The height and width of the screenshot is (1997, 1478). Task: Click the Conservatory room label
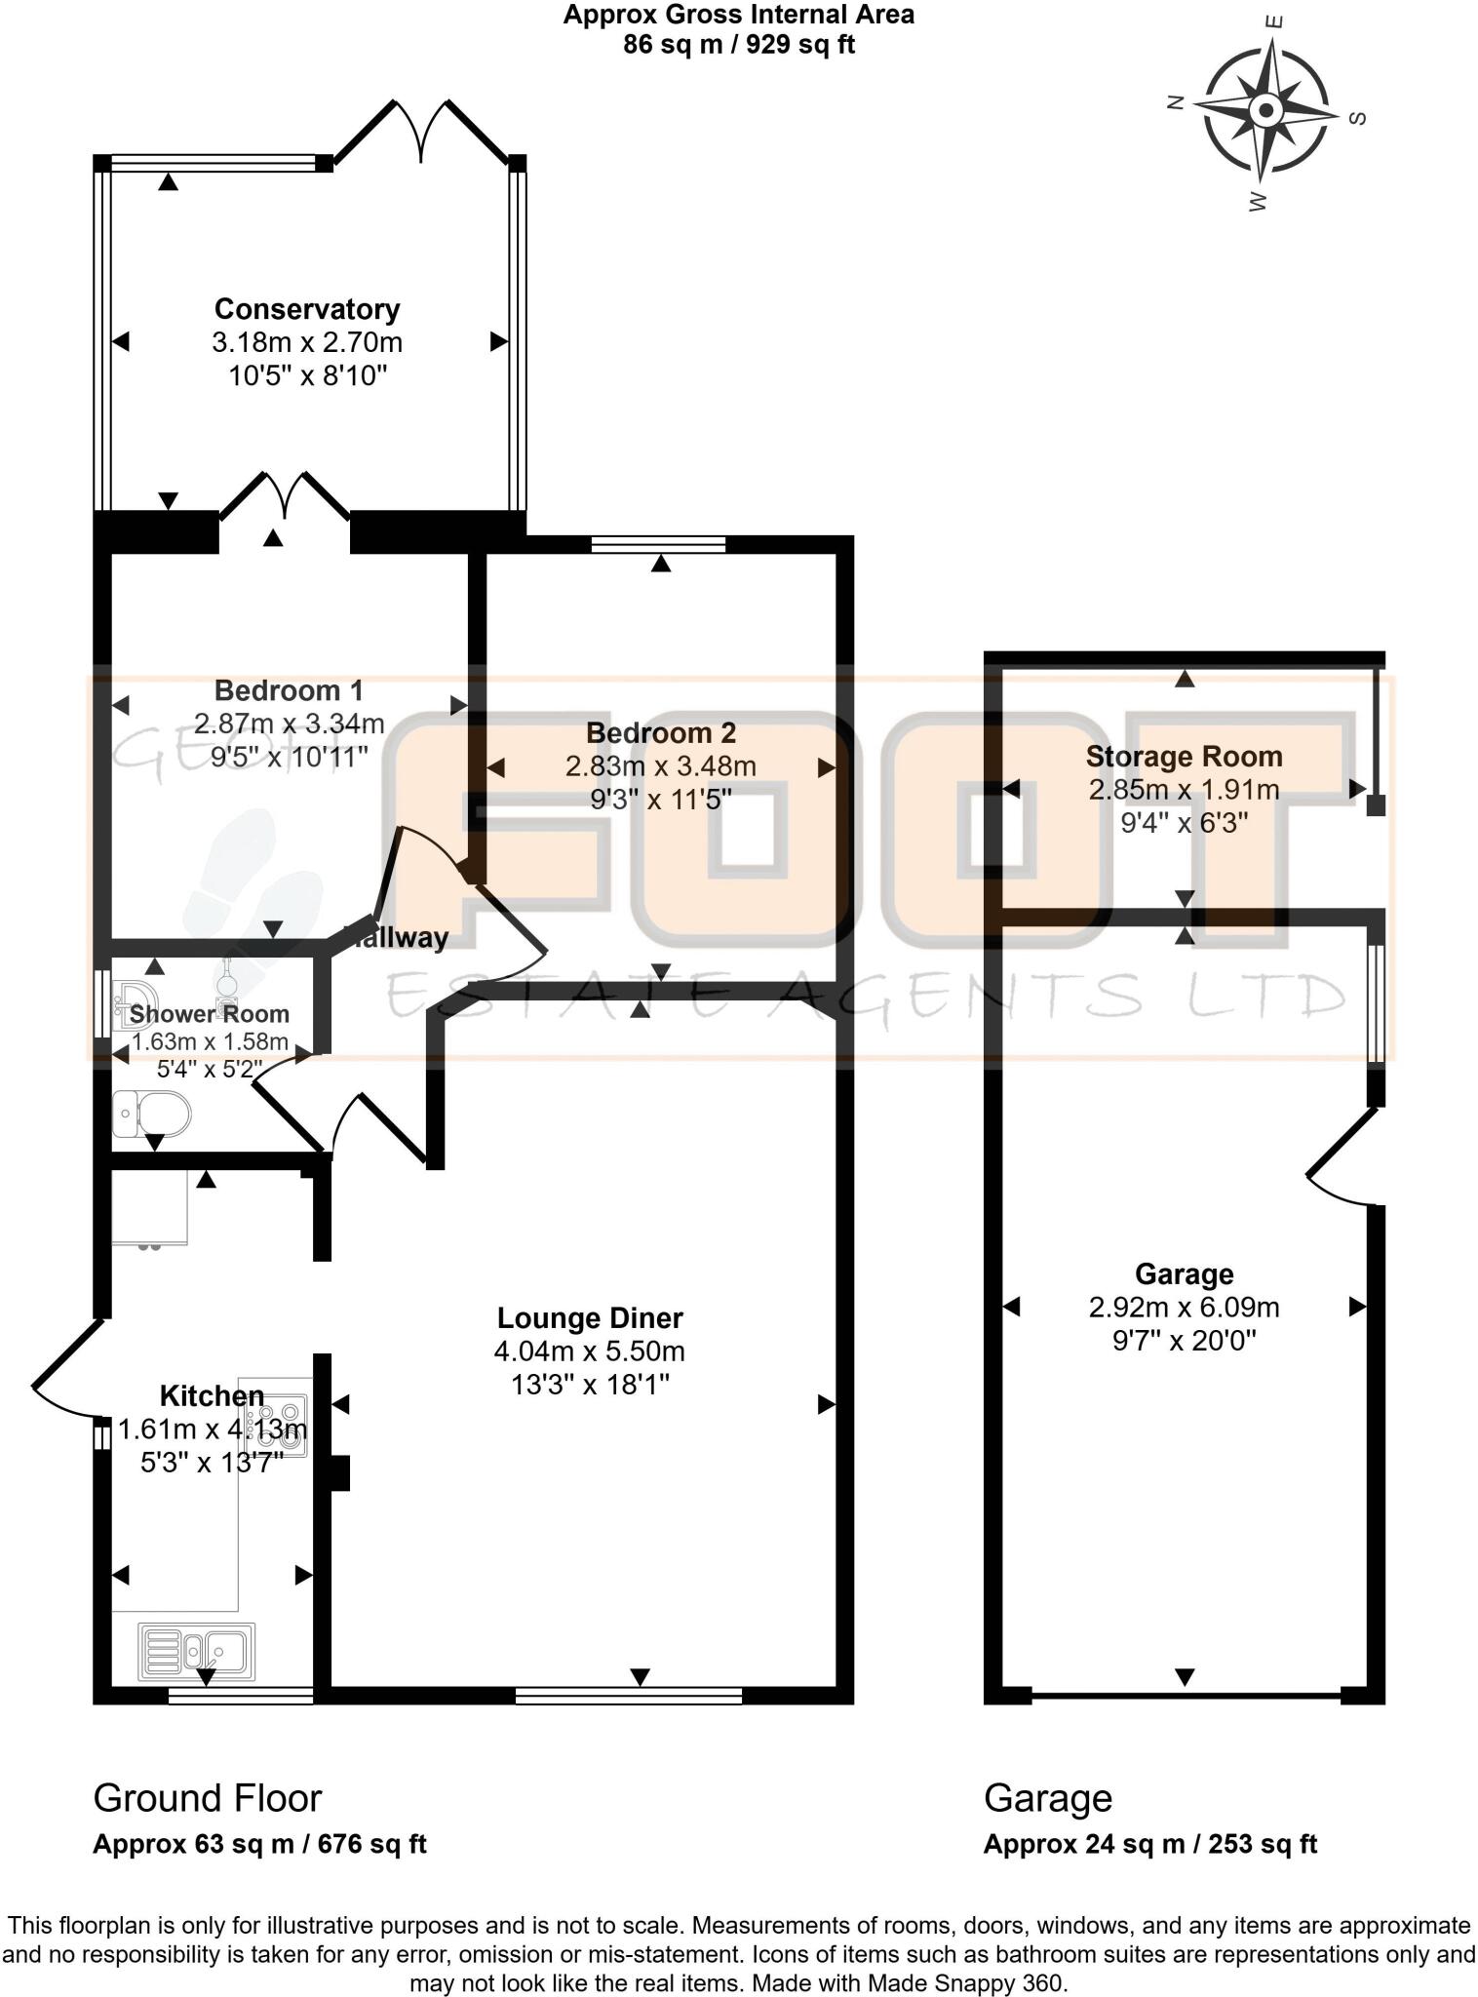pos(307,309)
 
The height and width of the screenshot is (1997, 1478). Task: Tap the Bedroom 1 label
pos(289,690)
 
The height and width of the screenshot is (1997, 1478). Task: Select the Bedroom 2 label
pos(660,733)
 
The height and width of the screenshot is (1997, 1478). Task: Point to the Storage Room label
pos(1184,757)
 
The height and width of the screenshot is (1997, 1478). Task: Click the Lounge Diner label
pos(590,1318)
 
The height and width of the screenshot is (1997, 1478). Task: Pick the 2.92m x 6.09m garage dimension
pos(1184,1308)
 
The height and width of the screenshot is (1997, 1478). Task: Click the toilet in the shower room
pos(152,1113)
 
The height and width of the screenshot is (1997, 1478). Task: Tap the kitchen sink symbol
pos(197,1650)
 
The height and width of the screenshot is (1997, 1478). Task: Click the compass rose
pos(1265,109)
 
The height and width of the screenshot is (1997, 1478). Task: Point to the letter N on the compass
pos(1176,101)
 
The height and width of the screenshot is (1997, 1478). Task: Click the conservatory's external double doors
pos(421,131)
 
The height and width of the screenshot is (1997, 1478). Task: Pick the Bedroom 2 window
pos(658,544)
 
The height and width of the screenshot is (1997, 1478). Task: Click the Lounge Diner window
pos(629,1697)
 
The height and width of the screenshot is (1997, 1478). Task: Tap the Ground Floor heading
pos(207,1798)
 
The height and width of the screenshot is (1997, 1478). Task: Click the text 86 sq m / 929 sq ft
pos(739,45)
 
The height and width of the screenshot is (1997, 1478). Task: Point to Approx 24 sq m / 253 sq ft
pos(1149,1845)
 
